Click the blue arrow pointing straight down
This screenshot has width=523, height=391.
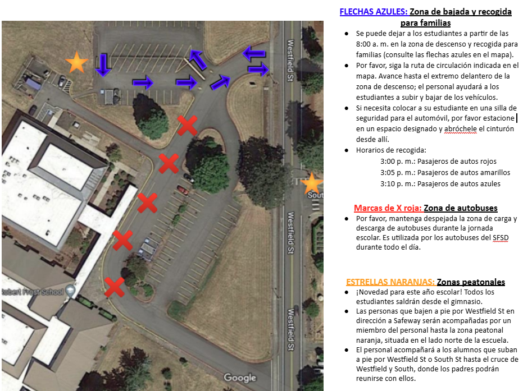(x=103, y=65)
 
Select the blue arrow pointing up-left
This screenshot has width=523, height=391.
(x=198, y=59)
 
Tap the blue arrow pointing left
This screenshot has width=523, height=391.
(x=254, y=53)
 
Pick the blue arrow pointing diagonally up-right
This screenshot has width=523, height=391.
(x=220, y=82)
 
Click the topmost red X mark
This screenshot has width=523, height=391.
(x=187, y=126)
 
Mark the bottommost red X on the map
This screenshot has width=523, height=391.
(x=115, y=287)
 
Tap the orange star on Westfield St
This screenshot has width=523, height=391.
(x=312, y=183)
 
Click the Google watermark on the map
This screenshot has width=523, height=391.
(x=240, y=378)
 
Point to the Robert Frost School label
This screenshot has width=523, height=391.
(x=33, y=292)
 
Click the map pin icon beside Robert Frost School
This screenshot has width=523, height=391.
(x=70, y=291)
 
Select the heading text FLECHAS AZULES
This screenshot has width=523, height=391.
(x=374, y=12)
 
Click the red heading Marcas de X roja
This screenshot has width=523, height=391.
(x=388, y=208)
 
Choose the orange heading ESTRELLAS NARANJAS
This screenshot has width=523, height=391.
(x=390, y=282)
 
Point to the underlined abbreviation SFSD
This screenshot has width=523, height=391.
(x=501, y=238)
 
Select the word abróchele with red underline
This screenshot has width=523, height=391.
(x=460, y=129)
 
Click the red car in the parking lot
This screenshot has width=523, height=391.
(x=183, y=190)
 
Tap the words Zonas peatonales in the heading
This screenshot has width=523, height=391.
(x=471, y=282)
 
